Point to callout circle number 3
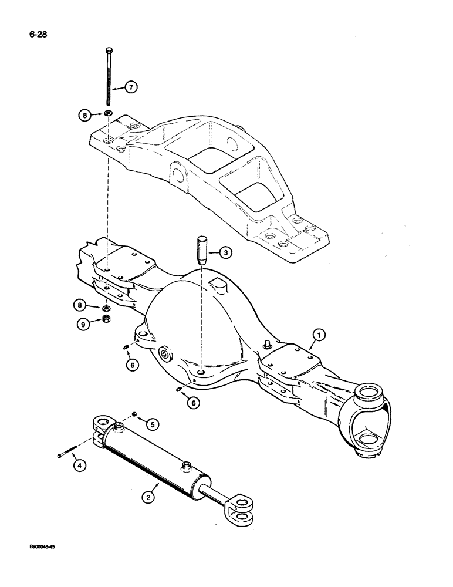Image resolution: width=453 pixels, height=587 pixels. point(226,254)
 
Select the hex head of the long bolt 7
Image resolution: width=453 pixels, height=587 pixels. point(109,49)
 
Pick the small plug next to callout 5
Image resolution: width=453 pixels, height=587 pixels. point(134,415)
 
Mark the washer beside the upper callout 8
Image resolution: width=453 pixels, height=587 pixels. point(109,113)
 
